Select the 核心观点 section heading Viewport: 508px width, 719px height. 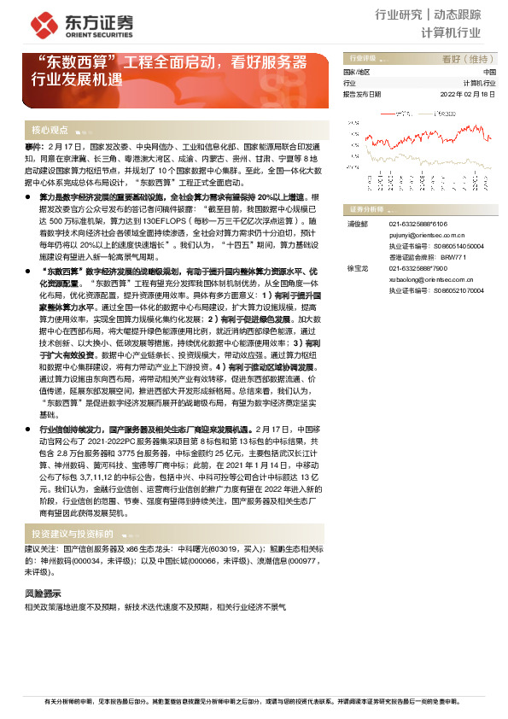(50, 131)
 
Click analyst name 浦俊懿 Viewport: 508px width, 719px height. (357, 224)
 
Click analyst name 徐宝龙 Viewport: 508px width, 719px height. (357, 268)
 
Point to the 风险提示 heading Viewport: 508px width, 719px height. (43, 592)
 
